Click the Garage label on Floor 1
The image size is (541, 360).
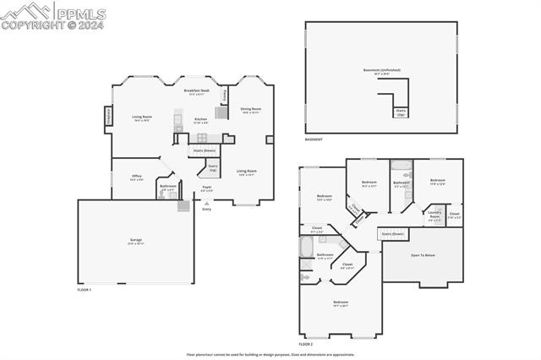point(135,242)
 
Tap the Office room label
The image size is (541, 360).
point(136,177)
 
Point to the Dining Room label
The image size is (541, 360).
point(250,110)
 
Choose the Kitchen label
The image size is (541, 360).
point(200,121)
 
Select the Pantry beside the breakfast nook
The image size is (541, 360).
point(225,95)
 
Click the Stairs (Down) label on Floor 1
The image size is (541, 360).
point(204,151)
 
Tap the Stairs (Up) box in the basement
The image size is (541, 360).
point(401,112)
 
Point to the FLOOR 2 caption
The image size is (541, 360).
point(305,345)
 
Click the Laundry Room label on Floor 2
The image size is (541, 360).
point(434,217)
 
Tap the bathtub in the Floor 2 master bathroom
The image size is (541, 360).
point(306,246)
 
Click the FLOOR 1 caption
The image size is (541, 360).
point(84,290)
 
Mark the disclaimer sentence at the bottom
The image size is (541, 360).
point(270,355)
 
